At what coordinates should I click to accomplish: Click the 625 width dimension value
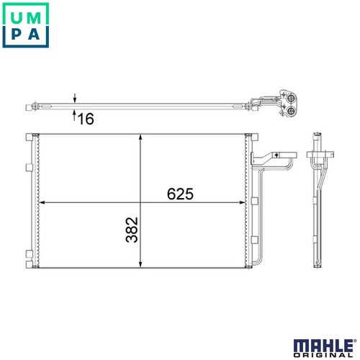coord(180,194)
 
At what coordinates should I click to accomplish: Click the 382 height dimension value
coord(132,230)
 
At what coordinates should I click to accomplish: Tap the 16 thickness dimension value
coord(86,119)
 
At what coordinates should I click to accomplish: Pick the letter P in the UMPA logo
coord(17,35)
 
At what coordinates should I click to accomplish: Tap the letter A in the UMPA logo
coord(34,35)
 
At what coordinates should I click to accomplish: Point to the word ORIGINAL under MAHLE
coord(323,355)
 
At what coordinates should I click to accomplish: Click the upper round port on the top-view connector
coord(292,99)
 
